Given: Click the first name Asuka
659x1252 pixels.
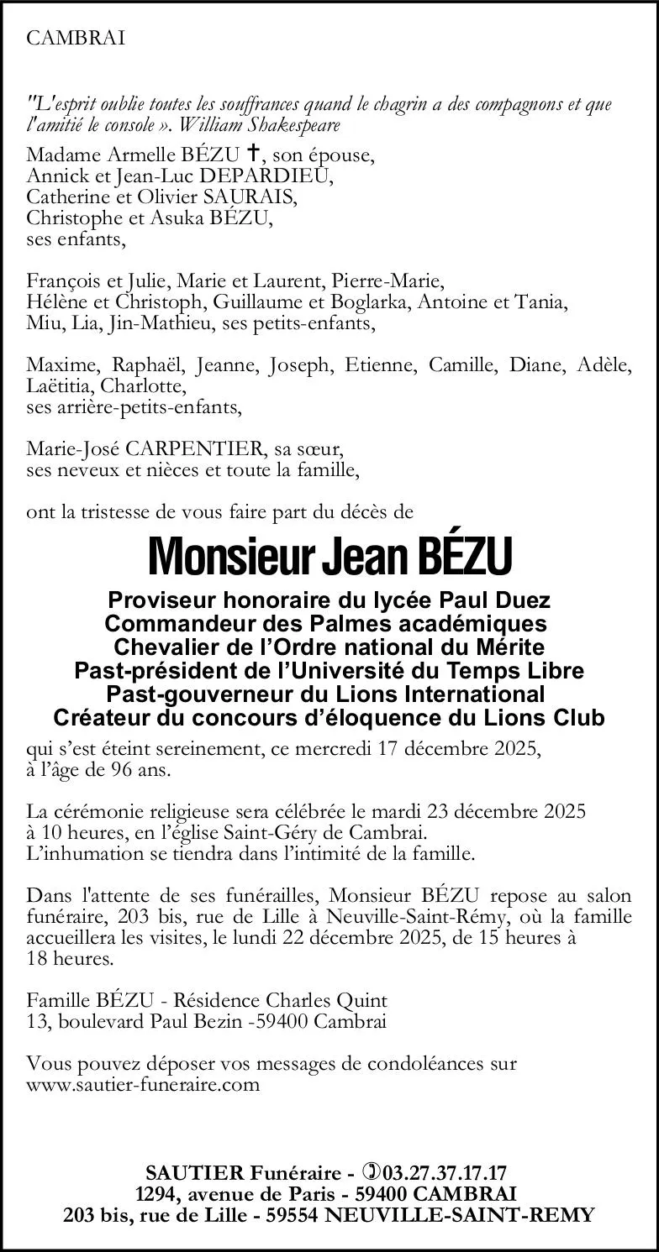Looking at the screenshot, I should pyautogui.click(x=199, y=217).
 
